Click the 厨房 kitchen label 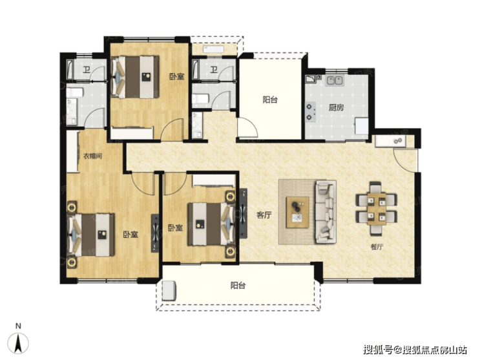337,107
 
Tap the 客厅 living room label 264,215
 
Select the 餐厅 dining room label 377,247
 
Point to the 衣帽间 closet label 92,156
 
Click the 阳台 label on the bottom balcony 238,286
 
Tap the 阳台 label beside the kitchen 270,100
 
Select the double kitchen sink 335,81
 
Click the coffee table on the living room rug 297,213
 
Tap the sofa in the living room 326,212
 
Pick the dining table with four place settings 377,209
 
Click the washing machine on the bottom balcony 169,290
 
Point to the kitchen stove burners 310,112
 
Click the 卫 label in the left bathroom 87,70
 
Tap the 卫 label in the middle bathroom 214,70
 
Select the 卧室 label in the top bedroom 177,76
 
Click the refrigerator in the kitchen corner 362,126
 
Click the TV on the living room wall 244,213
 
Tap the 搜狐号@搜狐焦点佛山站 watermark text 415,350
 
